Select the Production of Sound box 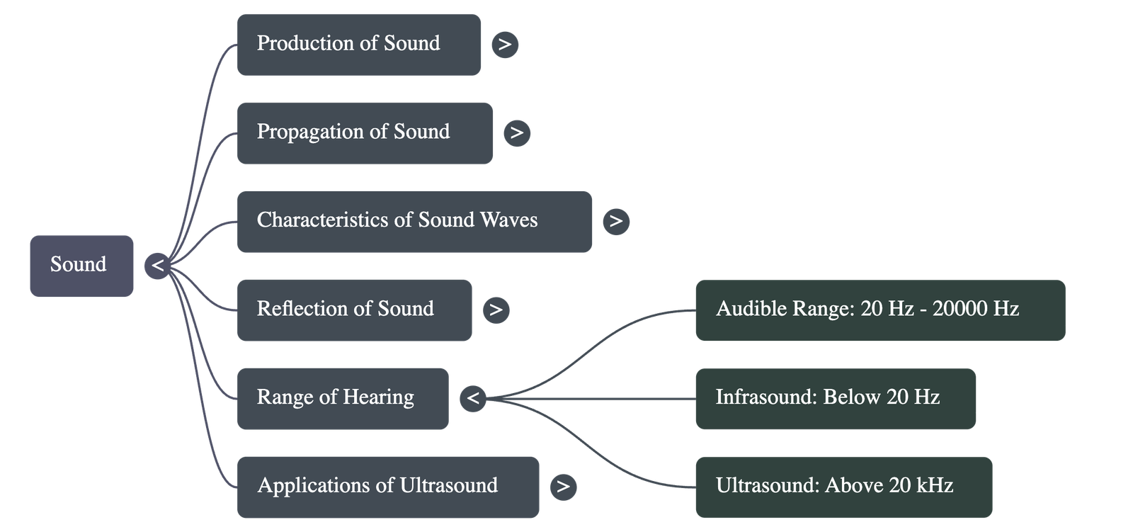(x=358, y=44)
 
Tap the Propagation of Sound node (x=364, y=132)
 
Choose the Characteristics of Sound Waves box (x=414, y=221)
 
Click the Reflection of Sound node (x=354, y=310)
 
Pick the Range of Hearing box (x=342, y=398)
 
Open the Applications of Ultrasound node (x=387, y=486)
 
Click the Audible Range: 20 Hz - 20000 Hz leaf (x=879, y=310)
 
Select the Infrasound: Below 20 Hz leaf (x=836, y=398)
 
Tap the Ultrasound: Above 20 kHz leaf (x=843, y=486)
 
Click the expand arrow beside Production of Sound (x=505, y=45)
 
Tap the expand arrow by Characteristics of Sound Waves (x=616, y=221)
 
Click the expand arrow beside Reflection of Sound (x=496, y=310)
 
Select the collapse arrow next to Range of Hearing (x=473, y=399)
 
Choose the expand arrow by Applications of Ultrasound (x=563, y=486)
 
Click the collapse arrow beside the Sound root (x=157, y=266)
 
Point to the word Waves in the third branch (x=508, y=220)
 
